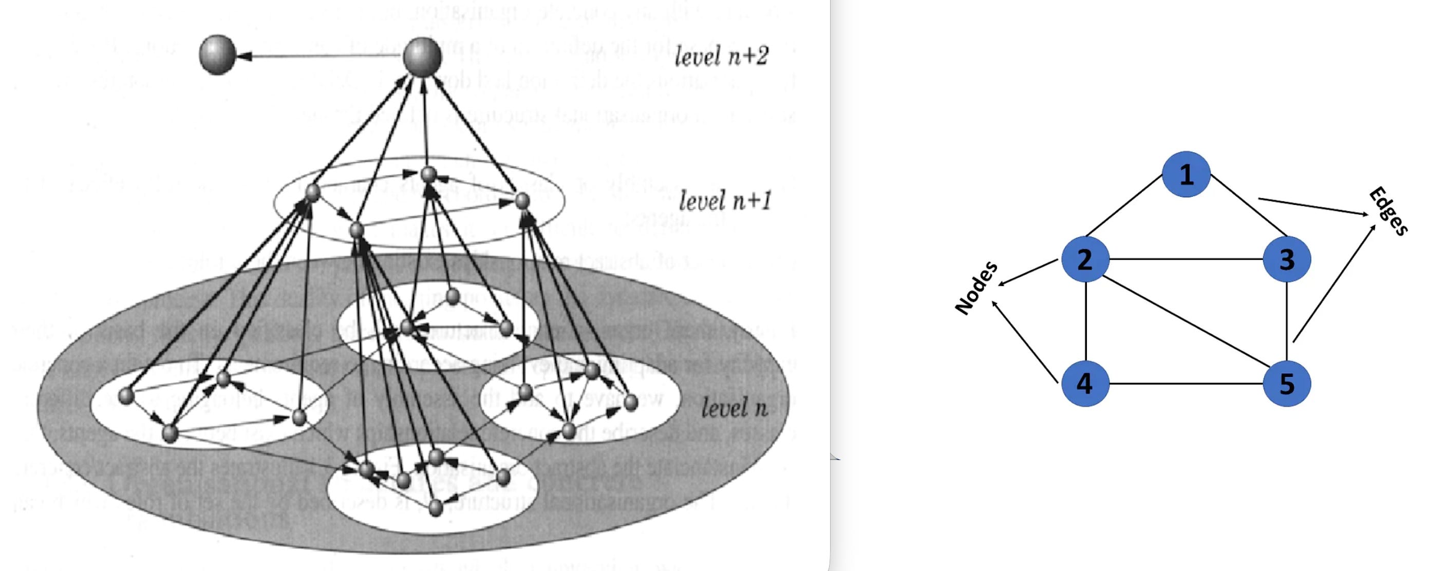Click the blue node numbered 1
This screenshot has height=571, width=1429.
coord(1186,175)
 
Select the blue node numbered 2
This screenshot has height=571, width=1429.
coord(1085,259)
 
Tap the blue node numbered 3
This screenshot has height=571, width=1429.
coord(1287,259)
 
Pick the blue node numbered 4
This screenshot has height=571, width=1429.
coord(1085,383)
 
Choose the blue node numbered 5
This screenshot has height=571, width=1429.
coord(1287,383)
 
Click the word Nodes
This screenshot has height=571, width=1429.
coord(977,288)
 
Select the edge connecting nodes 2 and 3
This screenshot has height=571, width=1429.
coord(1186,259)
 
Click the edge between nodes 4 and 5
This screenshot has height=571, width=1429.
coord(1186,383)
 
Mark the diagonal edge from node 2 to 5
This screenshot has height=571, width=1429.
coord(1186,321)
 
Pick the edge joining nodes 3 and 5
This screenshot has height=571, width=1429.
coord(1287,321)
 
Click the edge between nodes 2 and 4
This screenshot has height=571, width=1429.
coord(1085,321)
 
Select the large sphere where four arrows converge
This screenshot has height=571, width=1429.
coord(423,56)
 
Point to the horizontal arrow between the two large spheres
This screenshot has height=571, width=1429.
coord(322,56)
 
